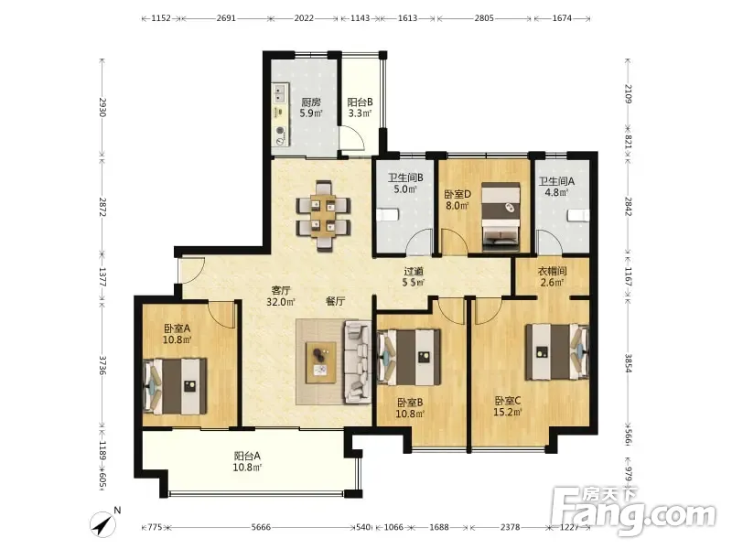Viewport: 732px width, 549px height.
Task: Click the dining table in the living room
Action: pyautogui.click(x=323, y=216)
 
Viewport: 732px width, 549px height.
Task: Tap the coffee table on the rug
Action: pyautogui.click(x=321, y=362)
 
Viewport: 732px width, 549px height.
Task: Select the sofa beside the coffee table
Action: pyautogui.click(x=358, y=361)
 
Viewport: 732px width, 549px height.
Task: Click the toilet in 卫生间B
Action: pyautogui.click(x=386, y=215)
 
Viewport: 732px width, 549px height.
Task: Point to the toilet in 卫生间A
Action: pyautogui.click(x=578, y=216)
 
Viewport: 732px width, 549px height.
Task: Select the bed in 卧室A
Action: pyautogui.click(x=175, y=386)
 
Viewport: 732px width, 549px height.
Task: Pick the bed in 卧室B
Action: pyautogui.click(x=409, y=358)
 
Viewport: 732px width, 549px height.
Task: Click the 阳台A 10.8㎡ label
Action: pyautogui.click(x=247, y=461)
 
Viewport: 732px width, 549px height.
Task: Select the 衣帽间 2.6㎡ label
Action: pyautogui.click(x=553, y=276)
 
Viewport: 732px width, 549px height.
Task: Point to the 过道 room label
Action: pyautogui.click(x=414, y=271)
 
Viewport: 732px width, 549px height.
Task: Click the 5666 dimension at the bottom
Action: pyautogui.click(x=261, y=527)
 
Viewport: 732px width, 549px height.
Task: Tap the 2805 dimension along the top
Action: pyautogui.click(x=484, y=18)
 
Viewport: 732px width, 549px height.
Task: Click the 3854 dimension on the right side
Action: pyautogui.click(x=629, y=362)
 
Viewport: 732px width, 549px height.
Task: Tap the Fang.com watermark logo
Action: pyautogui.click(x=634, y=511)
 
